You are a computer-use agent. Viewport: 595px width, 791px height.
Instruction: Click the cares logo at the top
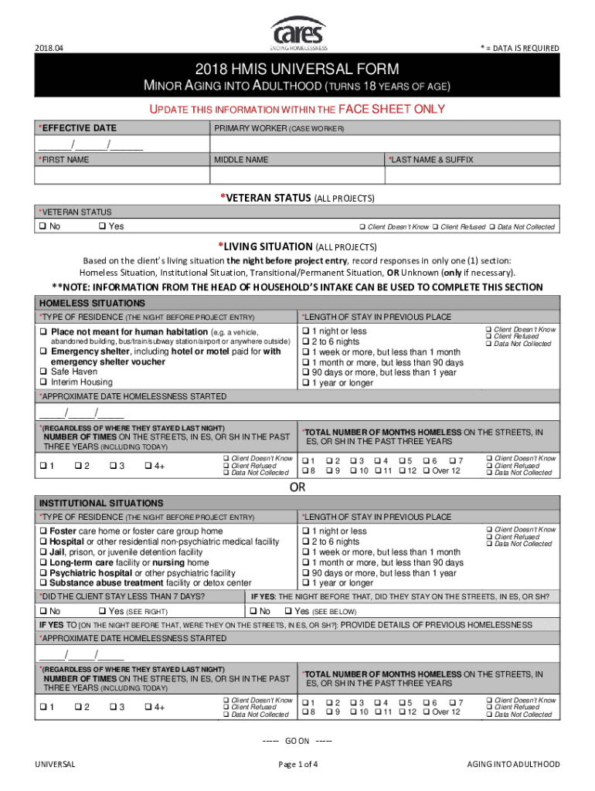[297, 32]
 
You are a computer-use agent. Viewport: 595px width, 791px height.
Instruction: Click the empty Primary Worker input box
[384, 144]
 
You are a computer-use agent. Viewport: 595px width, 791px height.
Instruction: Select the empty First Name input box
[122, 175]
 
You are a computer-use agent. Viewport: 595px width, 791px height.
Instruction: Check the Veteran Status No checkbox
[43, 226]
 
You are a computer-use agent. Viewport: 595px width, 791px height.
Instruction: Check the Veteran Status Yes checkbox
[103, 226]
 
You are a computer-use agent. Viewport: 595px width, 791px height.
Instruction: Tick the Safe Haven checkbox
[43, 372]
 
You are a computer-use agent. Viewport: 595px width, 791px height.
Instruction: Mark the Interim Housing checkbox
[43, 382]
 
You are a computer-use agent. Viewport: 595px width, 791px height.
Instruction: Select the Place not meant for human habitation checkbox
[43, 331]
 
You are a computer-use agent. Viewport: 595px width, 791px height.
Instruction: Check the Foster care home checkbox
[43, 531]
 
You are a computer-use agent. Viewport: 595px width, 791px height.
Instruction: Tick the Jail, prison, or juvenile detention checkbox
[43, 552]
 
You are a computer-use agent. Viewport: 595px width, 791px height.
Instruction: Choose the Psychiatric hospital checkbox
[43, 573]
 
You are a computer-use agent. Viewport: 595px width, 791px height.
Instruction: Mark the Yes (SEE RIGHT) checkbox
[103, 611]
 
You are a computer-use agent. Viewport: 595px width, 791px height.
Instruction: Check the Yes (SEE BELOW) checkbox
[288, 611]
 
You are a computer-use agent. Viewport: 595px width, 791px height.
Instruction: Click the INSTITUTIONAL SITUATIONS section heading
[90, 503]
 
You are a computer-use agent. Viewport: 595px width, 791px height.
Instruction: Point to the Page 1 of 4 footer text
[297, 765]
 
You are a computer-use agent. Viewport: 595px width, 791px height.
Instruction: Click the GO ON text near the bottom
[297, 741]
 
